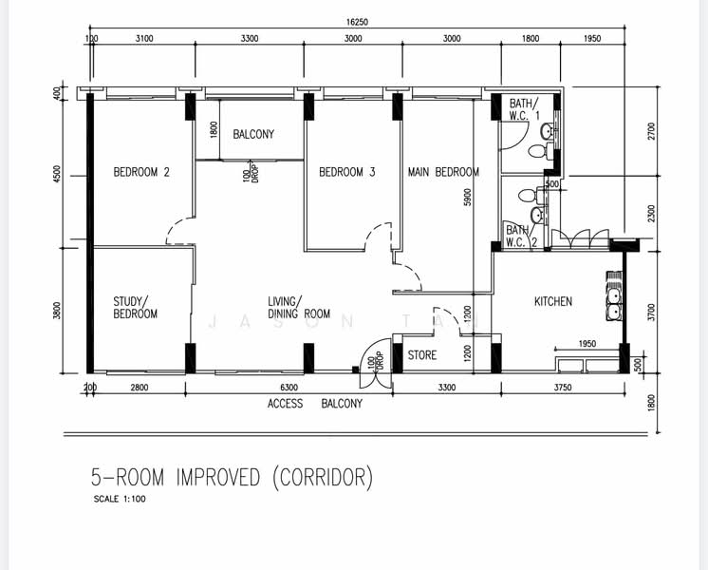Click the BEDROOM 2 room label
click(x=141, y=172)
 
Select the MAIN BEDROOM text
click(x=443, y=172)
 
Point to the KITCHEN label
click(x=553, y=301)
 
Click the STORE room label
click(x=422, y=355)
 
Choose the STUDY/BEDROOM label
click(x=136, y=307)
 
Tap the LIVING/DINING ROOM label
click(x=299, y=307)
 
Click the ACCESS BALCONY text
click(x=315, y=404)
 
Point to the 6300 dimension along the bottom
click(x=289, y=388)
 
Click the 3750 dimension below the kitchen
click(x=562, y=388)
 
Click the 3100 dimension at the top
click(x=144, y=39)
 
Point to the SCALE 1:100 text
click(x=119, y=499)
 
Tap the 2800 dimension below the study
click(x=140, y=388)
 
